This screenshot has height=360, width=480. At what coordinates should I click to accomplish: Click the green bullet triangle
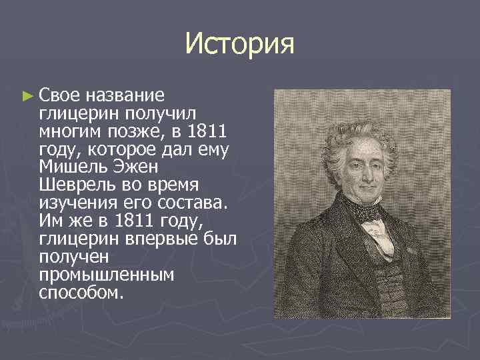pyautogui.click(x=27, y=96)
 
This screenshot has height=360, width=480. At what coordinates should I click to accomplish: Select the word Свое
pyautogui.click(x=60, y=95)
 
